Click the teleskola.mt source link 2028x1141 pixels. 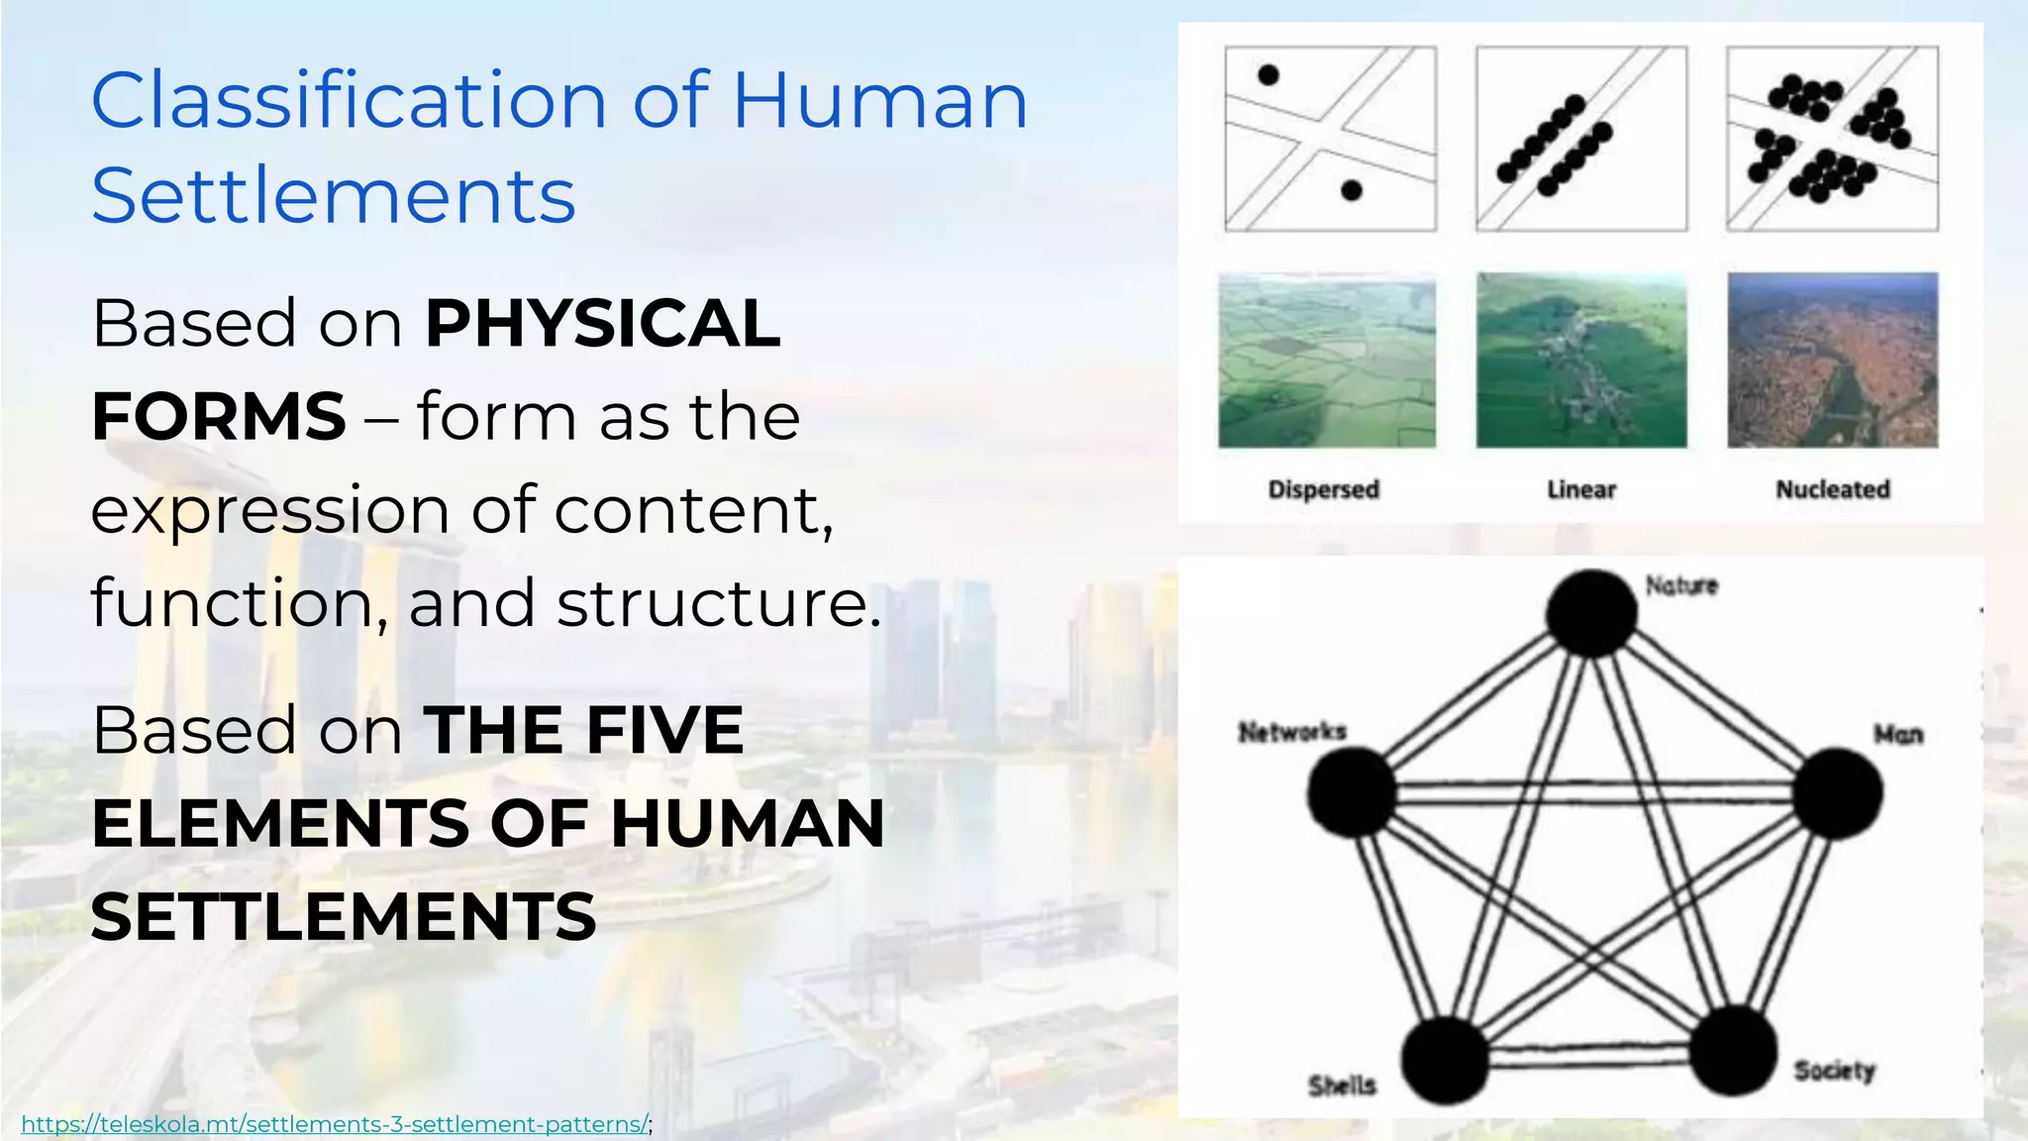(335, 1124)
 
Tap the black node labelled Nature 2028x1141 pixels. (1591, 613)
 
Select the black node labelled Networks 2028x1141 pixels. (1352, 792)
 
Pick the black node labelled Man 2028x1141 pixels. (1838, 793)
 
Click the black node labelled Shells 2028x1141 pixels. (1446, 1060)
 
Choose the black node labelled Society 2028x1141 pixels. (1732, 1051)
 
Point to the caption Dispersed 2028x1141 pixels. (1323, 489)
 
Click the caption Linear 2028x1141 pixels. (1581, 489)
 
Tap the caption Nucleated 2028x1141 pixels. (1832, 489)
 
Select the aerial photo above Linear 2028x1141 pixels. (1581, 361)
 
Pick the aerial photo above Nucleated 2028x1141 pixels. (1833, 361)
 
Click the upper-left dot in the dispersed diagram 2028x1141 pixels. (1268, 74)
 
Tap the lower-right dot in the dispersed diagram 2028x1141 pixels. (1352, 190)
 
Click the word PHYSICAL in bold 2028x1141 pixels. (603, 324)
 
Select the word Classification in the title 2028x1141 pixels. (349, 101)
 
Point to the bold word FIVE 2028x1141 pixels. (664, 731)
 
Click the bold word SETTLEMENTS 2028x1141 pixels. (344, 916)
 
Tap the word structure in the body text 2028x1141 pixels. (718, 603)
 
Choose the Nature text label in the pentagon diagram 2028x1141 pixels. (1681, 585)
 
